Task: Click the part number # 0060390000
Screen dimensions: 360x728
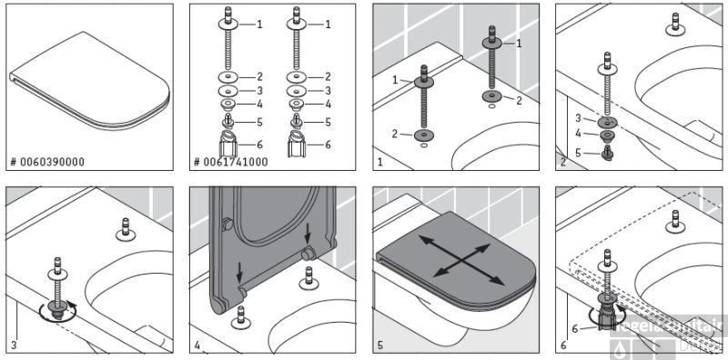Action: pos(47,162)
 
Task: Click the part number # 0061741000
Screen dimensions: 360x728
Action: pos(230,162)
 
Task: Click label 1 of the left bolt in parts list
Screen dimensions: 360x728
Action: pos(259,25)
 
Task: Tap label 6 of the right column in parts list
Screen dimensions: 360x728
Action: pos(328,145)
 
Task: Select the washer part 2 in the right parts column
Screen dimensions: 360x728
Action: pos(298,77)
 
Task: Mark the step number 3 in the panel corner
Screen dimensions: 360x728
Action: pos(14,345)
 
